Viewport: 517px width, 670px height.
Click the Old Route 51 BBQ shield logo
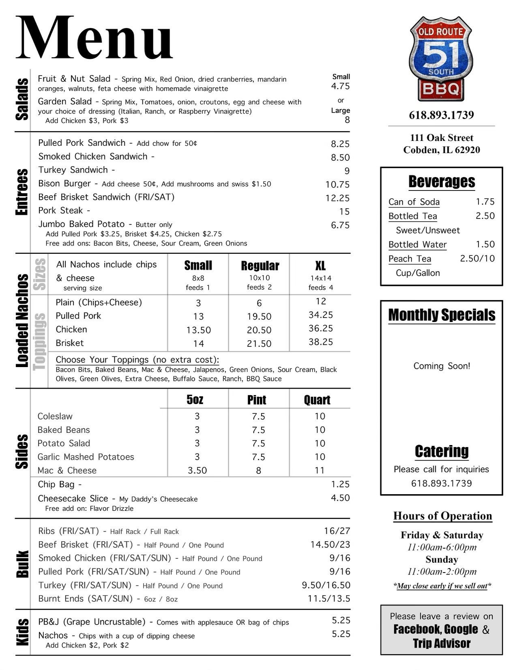tap(441, 59)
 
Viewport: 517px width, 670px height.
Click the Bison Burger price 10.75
tap(337, 185)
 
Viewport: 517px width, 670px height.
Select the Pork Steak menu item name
tap(60, 211)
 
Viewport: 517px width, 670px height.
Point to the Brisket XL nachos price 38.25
tap(320, 342)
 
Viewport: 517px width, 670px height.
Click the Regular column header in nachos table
tap(260, 266)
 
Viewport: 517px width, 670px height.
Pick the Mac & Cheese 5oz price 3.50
tap(197, 471)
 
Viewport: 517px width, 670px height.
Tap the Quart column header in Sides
tap(317, 400)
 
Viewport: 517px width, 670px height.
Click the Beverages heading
tap(442, 182)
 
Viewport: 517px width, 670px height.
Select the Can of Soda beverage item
tap(414, 202)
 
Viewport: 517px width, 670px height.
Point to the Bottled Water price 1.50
tap(485, 244)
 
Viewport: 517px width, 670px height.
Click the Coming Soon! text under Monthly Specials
tap(442, 366)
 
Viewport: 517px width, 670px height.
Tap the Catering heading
tap(442, 452)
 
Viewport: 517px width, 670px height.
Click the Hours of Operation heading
tap(442, 516)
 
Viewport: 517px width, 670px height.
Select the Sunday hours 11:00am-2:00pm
tap(442, 572)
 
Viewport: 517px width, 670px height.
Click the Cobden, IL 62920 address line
tap(442, 150)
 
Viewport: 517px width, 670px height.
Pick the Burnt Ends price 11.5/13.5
tap(329, 599)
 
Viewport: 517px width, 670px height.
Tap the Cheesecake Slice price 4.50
tap(340, 498)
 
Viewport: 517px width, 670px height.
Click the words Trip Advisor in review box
tap(442, 644)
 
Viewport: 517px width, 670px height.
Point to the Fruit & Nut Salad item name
tap(74, 79)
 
